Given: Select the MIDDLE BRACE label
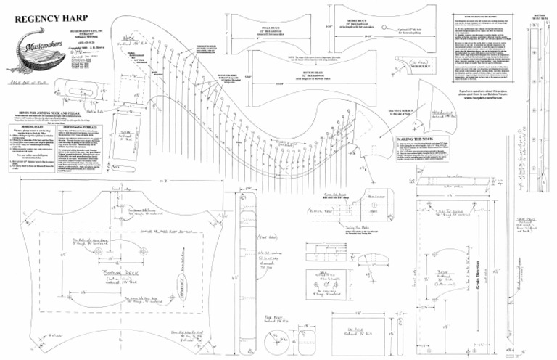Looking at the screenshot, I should point(360,12).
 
